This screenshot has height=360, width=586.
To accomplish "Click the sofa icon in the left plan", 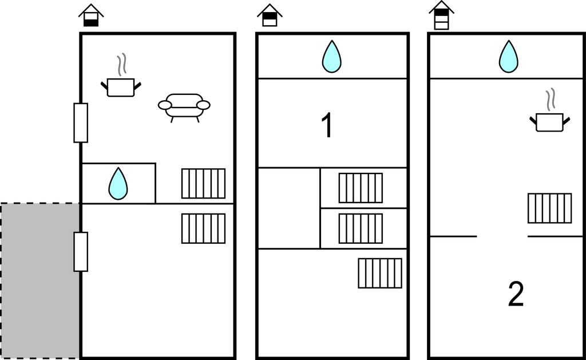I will [x=184, y=106].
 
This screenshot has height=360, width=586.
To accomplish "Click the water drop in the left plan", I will [x=118, y=183].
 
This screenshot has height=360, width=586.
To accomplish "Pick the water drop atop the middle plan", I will [x=331, y=57].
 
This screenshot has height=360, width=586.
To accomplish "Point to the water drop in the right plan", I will [x=508, y=57].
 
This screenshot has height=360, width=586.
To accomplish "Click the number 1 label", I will [x=327, y=126].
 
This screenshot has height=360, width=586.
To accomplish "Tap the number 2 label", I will [x=516, y=295].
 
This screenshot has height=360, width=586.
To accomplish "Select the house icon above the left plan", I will [x=91, y=15].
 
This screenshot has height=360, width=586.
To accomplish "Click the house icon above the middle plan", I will [x=270, y=15].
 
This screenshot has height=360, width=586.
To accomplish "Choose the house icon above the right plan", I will [x=441, y=15].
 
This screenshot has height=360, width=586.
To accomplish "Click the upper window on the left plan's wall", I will [x=81, y=122].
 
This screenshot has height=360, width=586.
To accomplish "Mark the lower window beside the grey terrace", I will [x=81, y=251].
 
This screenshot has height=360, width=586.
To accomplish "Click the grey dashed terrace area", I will [x=39, y=280].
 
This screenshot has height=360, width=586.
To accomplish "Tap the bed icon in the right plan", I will [x=549, y=208].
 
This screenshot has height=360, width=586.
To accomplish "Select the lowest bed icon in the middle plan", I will [x=380, y=273].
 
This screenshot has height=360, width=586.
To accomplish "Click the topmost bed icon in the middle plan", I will [x=361, y=188].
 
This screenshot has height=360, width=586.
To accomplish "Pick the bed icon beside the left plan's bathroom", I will [x=203, y=183].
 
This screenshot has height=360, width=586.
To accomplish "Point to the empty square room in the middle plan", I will [x=288, y=208].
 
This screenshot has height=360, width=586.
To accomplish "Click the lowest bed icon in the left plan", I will [x=203, y=228].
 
